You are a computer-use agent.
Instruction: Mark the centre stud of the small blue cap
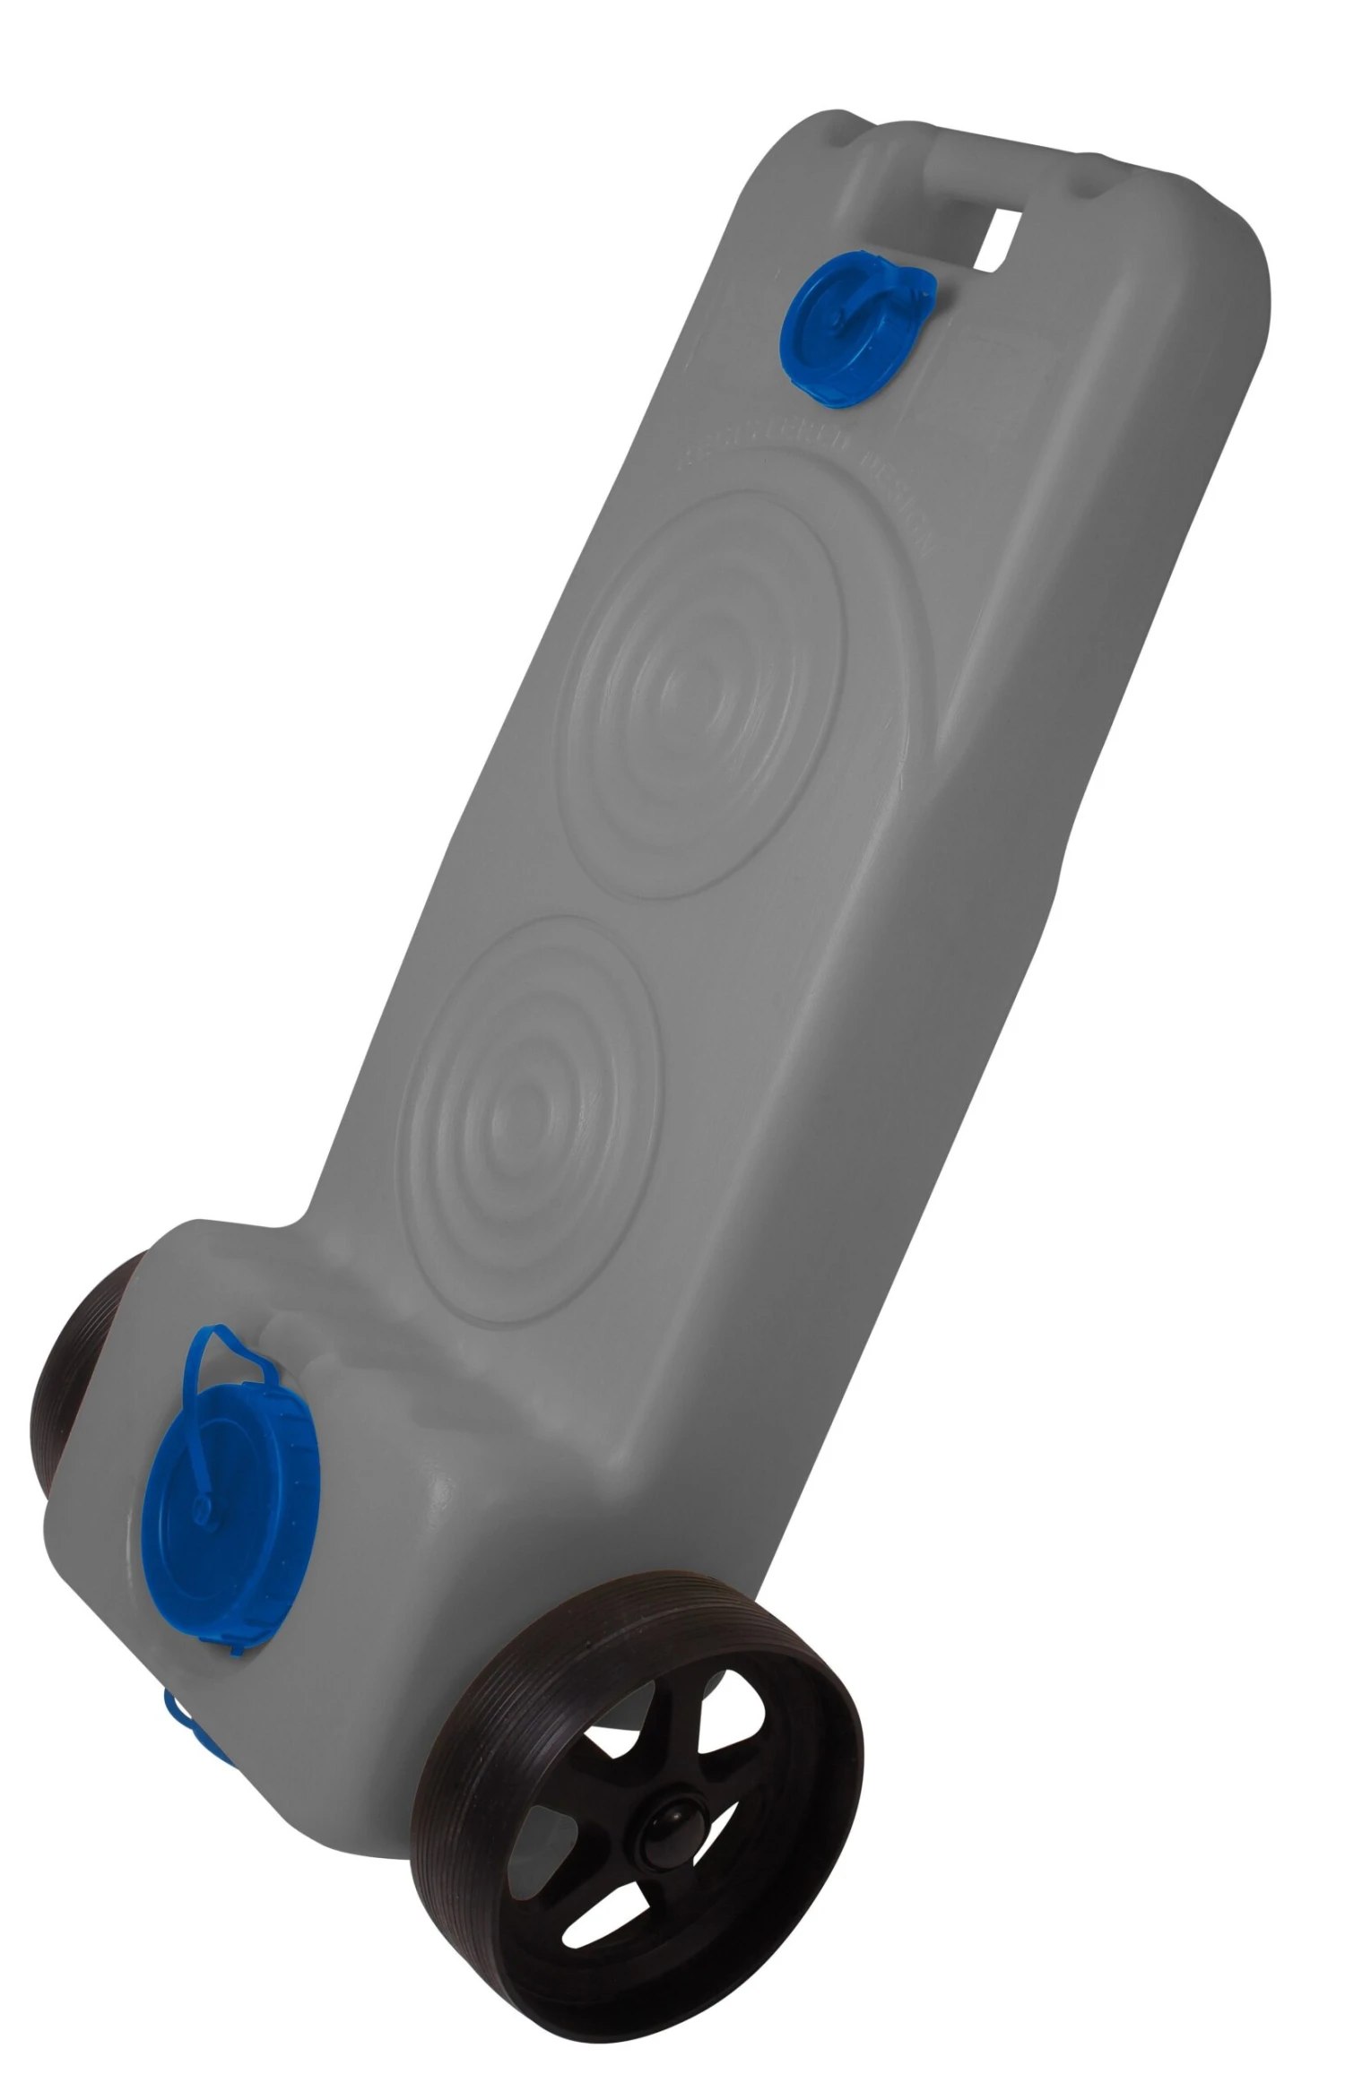point(835,319)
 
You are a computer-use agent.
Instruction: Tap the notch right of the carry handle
point(1090,178)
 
